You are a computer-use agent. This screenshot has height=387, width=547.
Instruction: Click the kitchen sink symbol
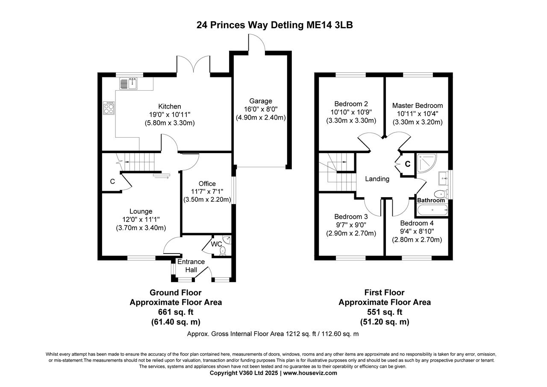[129, 83]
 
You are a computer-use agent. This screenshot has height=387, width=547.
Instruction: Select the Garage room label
[261, 101]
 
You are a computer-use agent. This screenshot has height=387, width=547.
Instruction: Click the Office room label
[207, 183]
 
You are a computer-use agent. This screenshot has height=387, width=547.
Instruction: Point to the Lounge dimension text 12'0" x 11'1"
[141, 219]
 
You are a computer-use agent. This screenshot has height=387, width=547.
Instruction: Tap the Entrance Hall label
[191, 266]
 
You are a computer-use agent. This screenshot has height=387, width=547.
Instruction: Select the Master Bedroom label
[418, 106]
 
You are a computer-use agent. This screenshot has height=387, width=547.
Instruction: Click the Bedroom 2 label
[351, 103]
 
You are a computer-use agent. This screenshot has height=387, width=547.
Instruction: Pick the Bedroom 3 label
[351, 216]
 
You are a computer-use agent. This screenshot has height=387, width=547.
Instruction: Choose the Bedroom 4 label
[417, 223]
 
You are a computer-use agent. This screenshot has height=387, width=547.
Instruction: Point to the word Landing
[377, 179]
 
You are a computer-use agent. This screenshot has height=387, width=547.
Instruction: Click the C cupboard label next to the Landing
[407, 164]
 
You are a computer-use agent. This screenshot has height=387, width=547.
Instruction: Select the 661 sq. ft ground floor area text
[176, 312]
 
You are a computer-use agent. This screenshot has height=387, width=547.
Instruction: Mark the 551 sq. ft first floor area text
[385, 312]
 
